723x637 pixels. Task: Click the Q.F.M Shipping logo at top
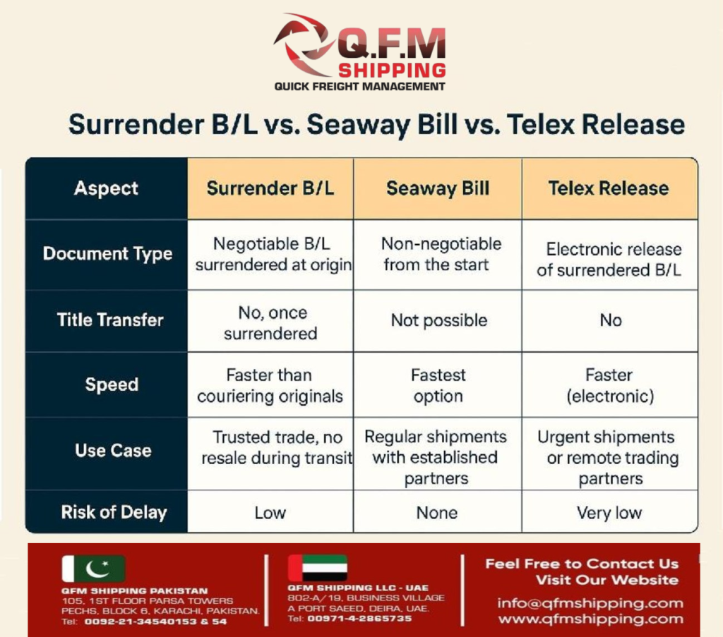coord(360,52)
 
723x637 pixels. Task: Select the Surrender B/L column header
coord(270,188)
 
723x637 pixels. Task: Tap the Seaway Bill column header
coord(438,188)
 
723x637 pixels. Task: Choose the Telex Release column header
coord(609,188)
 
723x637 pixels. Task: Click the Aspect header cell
coord(107,188)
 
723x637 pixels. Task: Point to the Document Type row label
coord(107,254)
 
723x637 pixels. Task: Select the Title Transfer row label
coord(110,320)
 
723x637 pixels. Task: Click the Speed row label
coord(112,384)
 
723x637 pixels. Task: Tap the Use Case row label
coord(113,450)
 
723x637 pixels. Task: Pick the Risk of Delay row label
coord(114,512)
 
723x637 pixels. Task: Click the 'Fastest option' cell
coord(438,385)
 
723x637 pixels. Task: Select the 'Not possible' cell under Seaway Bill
coord(438,320)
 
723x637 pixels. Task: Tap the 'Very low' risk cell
coord(609,513)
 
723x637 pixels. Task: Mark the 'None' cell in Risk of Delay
coord(437,513)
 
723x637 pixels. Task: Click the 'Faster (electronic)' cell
coord(609,385)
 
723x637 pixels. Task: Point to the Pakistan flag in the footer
coord(93,569)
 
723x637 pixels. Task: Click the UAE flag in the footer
coord(317,568)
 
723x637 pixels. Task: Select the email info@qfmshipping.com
coord(590,603)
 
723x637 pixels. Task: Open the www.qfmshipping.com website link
coord(590,619)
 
